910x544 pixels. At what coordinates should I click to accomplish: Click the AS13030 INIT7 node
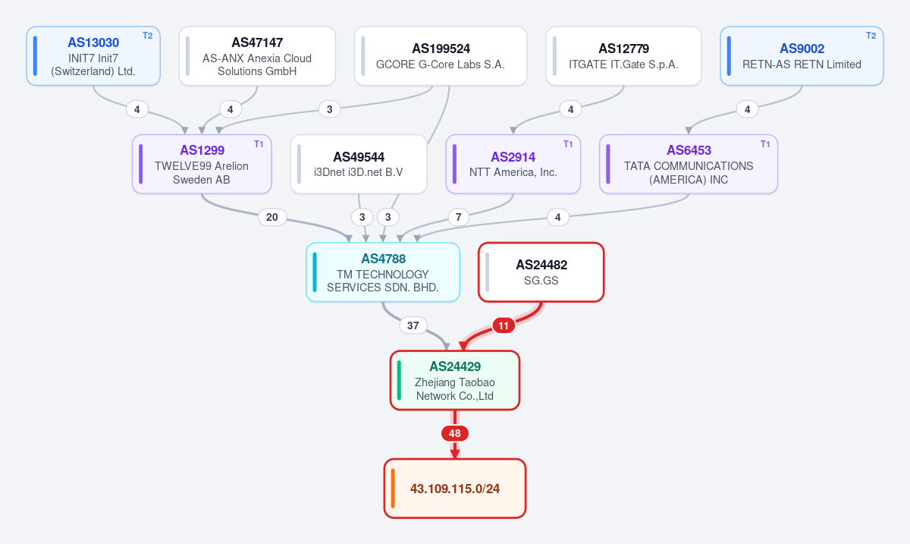click(93, 56)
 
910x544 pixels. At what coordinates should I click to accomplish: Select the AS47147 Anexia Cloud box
click(257, 56)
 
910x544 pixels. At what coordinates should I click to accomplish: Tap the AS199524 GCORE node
click(441, 56)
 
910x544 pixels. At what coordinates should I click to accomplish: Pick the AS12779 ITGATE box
click(623, 56)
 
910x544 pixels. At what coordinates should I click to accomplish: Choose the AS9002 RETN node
click(802, 56)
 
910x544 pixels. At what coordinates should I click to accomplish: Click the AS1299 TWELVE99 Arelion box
click(202, 164)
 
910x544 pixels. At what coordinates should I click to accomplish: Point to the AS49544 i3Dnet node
click(359, 164)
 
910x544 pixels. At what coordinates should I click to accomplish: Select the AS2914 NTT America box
click(513, 164)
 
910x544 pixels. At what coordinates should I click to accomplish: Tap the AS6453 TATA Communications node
click(689, 164)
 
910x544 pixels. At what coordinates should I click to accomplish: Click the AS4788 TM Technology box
click(383, 272)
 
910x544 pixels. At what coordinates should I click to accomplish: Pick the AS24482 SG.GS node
click(541, 272)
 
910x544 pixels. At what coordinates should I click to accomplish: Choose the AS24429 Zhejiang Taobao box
click(455, 381)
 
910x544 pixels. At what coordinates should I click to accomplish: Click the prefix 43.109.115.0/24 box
click(455, 489)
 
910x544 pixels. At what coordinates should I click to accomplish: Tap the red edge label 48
click(455, 433)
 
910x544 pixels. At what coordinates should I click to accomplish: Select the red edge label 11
click(504, 325)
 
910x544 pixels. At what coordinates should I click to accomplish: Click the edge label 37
click(413, 325)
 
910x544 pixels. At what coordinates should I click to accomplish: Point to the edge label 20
click(272, 217)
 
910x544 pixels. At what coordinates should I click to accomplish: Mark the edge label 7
click(459, 217)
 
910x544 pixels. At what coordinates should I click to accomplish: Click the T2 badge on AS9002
click(871, 36)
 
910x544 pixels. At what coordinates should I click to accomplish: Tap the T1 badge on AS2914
click(568, 144)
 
